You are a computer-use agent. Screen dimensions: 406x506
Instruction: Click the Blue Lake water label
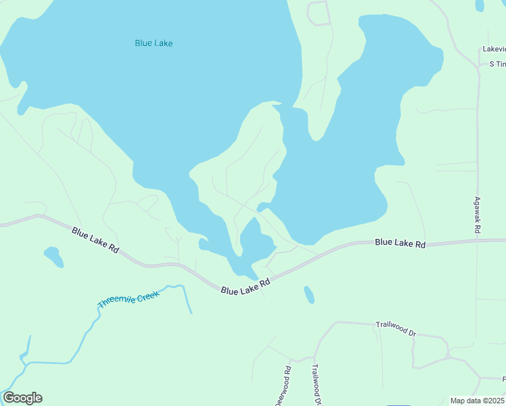point(154,43)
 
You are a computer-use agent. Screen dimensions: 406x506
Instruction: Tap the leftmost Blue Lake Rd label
point(95,240)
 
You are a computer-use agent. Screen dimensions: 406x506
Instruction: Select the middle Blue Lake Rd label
point(246,286)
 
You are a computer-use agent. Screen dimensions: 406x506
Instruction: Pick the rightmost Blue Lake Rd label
point(400,242)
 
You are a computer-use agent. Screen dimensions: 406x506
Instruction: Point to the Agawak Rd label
point(477,216)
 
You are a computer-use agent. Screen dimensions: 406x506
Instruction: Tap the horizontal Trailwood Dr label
point(396,330)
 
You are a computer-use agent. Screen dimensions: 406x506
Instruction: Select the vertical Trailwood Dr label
point(315,384)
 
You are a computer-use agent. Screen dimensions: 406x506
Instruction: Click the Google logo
point(22,398)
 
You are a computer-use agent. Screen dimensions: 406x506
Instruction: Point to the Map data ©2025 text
point(478,401)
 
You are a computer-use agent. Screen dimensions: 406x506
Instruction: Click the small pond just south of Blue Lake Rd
point(308,294)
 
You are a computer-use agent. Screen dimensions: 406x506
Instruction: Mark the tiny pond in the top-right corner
point(480,5)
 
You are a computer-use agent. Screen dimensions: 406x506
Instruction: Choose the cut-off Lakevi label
point(494,49)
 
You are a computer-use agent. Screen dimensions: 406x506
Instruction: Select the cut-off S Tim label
point(497,64)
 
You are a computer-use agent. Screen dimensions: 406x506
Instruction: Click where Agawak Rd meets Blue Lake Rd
point(478,240)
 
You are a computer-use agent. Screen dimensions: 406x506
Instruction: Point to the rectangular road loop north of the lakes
point(319,13)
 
